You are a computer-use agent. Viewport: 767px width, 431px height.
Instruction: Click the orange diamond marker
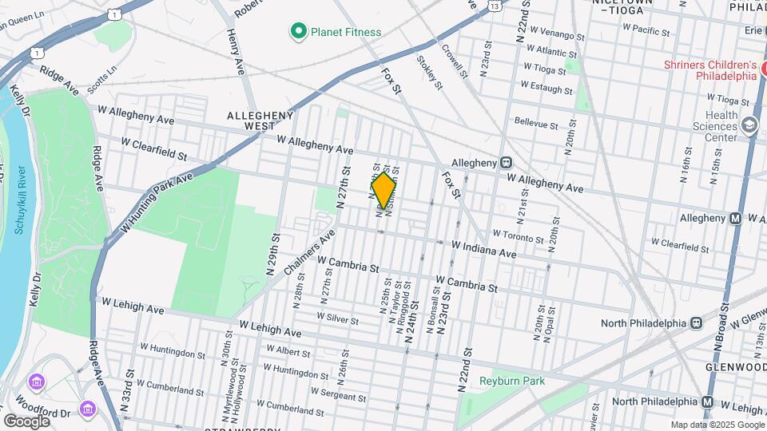pyautogui.click(x=384, y=190)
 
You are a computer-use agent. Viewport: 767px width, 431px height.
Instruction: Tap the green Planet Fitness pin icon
pyautogui.click(x=299, y=32)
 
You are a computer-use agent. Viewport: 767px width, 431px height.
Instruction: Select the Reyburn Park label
pyautogui.click(x=512, y=381)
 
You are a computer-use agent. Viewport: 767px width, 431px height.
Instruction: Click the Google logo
pyautogui.click(x=26, y=421)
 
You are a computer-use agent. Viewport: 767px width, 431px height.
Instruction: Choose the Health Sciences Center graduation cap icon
pyautogui.click(x=749, y=125)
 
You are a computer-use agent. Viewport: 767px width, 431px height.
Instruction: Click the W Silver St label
pyautogui.click(x=337, y=318)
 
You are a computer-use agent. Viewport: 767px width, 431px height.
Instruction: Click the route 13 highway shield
pyautogui.click(x=496, y=6)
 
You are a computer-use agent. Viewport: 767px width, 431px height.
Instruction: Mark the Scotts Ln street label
pyautogui.click(x=101, y=77)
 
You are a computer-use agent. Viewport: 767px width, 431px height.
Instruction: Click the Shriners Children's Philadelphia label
pyautogui.click(x=709, y=70)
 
